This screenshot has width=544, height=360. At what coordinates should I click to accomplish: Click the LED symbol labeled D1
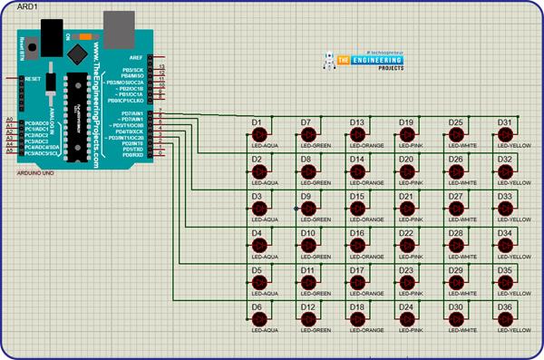coord(261,135)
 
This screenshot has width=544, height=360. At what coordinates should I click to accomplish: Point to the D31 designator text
coord(504,122)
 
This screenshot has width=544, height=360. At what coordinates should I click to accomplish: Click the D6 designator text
coord(257,307)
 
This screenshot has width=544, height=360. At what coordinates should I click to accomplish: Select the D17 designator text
coord(356,270)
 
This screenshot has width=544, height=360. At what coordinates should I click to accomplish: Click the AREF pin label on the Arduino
coord(137,56)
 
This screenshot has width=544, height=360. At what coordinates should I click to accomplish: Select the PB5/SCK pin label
coord(134,69)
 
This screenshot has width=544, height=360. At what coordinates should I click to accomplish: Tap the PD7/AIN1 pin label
coord(132,113)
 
